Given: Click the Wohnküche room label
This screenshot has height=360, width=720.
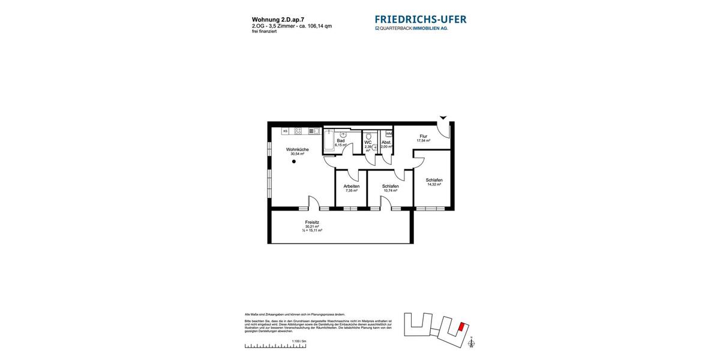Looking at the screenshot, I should (297, 149).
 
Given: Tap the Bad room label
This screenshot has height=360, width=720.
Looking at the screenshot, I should (340, 140).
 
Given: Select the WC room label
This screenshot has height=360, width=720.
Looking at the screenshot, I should (368, 142).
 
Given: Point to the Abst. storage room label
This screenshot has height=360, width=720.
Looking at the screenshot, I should (386, 142).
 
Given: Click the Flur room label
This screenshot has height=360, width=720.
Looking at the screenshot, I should (424, 136).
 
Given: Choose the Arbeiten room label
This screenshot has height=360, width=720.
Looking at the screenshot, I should (352, 186).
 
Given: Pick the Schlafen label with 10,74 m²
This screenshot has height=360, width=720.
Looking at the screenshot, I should (390, 186).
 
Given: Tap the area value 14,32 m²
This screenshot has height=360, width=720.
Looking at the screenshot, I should (434, 185).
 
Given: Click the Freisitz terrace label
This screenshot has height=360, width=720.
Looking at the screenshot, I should (312, 222).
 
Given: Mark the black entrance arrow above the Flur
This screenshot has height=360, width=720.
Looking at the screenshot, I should (443, 118).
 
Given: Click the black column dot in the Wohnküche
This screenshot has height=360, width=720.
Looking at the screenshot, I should (294, 161).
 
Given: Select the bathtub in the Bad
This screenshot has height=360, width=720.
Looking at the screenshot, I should (329, 140).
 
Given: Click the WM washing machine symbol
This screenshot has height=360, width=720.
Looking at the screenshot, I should (389, 133).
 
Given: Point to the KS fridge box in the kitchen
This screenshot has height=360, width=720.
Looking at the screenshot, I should (285, 131).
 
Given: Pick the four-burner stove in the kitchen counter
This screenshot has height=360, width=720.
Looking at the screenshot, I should (298, 131).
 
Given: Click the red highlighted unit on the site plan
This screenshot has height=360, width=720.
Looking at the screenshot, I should (461, 327).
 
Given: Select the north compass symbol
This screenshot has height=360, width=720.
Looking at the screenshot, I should (471, 343).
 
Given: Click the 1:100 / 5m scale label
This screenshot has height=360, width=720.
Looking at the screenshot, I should (299, 341).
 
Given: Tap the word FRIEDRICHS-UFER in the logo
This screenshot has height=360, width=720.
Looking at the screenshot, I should (421, 19).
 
